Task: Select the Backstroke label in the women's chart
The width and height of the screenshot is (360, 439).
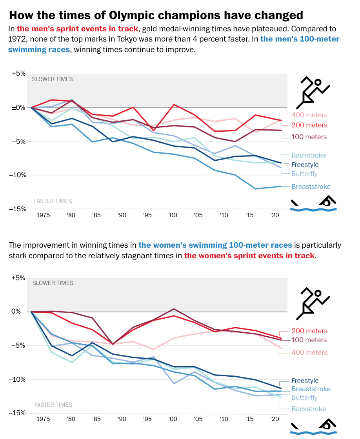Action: [x=308, y=409]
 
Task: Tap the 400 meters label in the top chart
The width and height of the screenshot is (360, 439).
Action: [x=309, y=115]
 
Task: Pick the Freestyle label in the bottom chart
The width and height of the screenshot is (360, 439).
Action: [x=305, y=381]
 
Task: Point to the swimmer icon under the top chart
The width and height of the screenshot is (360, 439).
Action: [x=313, y=205]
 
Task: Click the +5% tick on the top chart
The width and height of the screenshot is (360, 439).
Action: [x=18, y=73]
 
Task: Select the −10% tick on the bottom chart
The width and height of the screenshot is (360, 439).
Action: [x=17, y=379]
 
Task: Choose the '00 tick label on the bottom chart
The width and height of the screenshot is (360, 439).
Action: [x=172, y=419]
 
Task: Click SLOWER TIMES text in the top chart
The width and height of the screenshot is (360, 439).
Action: [x=52, y=79]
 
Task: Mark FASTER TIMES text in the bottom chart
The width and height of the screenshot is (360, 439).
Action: [x=53, y=405]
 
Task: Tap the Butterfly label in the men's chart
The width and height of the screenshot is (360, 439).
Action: [x=304, y=174]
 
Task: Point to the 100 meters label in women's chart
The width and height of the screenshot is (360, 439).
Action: [x=309, y=340]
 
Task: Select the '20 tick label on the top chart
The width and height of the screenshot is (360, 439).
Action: [x=275, y=215]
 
